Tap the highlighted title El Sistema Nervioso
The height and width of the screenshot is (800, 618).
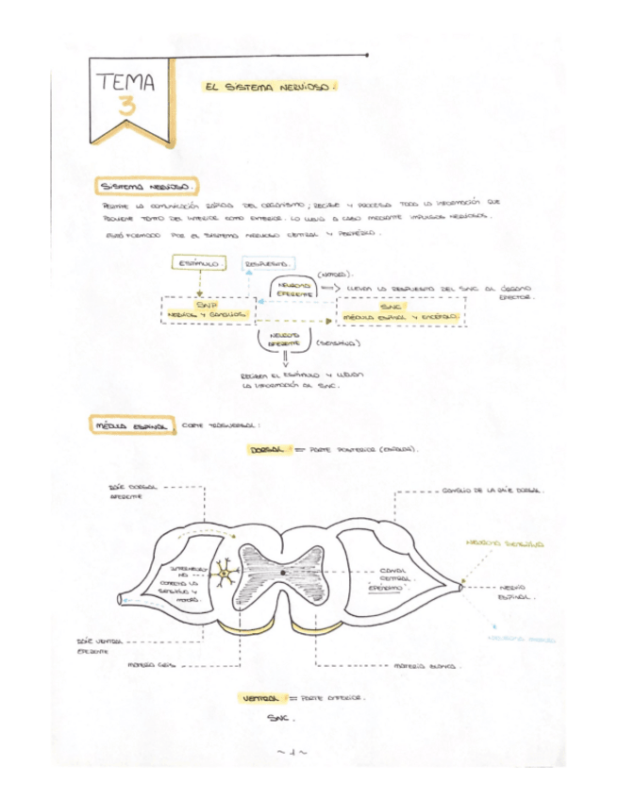click(x=268, y=87)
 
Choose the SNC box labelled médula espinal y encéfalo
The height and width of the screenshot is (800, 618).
click(x=400, y=310)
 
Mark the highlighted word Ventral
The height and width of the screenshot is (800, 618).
click(x=259, y=699)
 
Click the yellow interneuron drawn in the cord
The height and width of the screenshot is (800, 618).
click(x=225, y=572)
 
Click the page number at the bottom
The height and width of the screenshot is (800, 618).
click(x=292, y=752)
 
